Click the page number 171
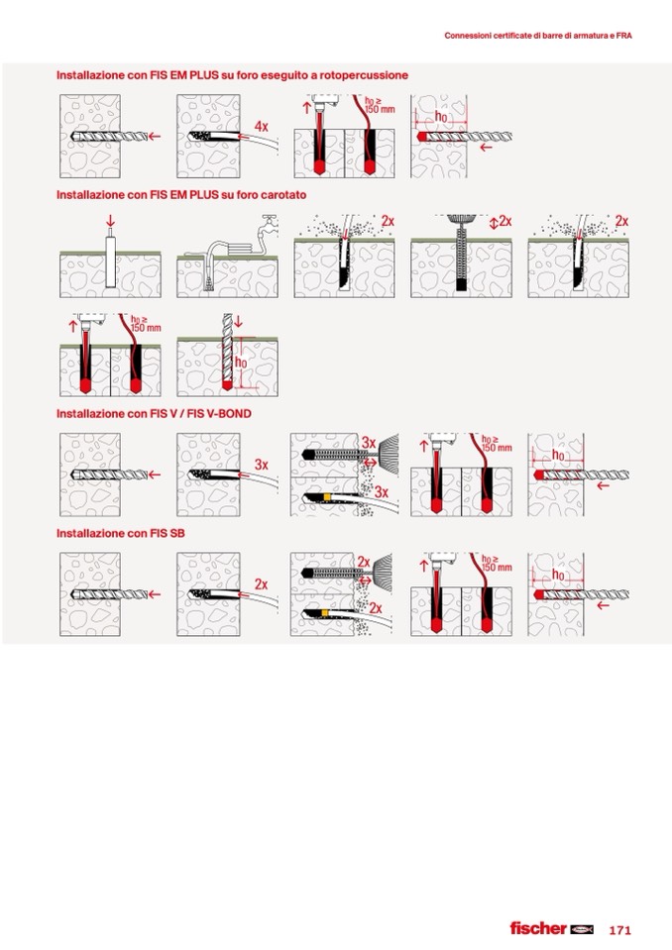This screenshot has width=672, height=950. (619, 929)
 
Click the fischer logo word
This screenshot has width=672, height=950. (538, 928)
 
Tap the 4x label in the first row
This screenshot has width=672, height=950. (261, 127)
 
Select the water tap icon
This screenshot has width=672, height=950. (268, 222)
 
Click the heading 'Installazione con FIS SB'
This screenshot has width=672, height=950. (121, 533)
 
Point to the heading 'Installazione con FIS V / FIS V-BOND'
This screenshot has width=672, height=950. (154, 414)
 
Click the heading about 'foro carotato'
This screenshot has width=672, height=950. (181, 195)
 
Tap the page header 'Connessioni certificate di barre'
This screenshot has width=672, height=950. (538, 36)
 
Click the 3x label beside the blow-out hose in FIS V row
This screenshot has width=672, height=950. (382, 492)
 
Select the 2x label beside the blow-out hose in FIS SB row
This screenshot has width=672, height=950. (376, 607)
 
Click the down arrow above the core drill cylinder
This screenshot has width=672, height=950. (110, 221)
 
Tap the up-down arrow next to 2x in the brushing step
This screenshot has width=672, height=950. (494, 222)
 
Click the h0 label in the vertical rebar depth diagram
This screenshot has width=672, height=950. (241, 363)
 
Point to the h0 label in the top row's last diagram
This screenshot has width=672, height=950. (441, 116)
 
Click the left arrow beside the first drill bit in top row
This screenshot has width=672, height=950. (155, 137)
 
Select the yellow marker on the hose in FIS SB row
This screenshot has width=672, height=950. (327, 614)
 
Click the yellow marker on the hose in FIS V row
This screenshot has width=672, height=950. (327, 497)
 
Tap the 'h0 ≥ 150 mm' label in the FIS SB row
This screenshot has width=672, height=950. (497, 564)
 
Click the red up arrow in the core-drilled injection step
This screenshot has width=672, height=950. (72, 326)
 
